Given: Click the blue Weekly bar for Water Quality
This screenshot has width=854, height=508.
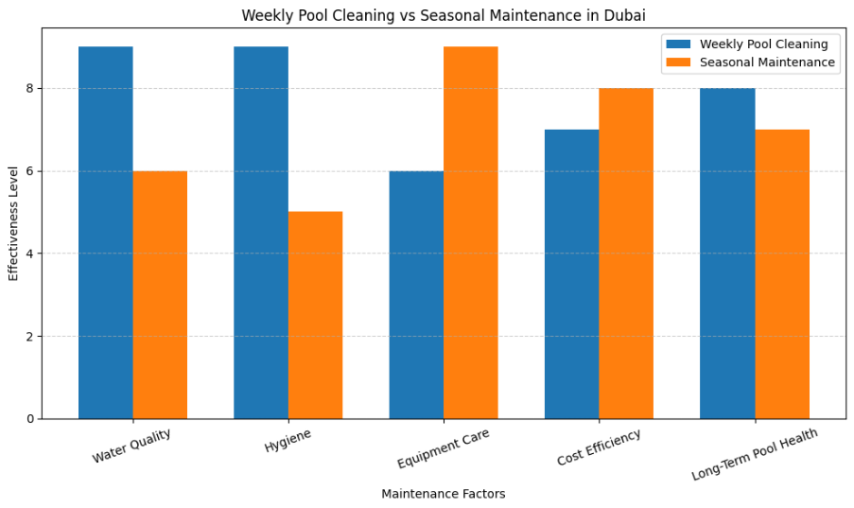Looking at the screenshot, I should pos(105,233).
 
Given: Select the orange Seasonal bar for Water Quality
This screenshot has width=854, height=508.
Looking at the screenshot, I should pos(160,295).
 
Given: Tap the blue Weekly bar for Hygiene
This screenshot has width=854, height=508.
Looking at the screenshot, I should pos(261,233).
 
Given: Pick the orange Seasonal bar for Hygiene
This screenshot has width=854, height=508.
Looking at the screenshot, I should pos(315,315).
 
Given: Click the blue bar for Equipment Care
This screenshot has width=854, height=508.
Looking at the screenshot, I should pos(416,295).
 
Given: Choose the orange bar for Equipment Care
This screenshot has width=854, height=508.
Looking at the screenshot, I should pos(470,233).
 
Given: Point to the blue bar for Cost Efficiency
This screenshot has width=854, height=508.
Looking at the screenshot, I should pos(571,274).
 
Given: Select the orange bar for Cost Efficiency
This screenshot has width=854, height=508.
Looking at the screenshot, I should pos(626,254).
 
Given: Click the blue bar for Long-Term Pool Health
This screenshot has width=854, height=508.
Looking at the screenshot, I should pos(727,254).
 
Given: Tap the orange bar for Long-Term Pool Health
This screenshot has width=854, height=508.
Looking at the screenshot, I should pos(781,274).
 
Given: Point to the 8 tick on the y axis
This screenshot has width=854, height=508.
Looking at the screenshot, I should pos(29,89).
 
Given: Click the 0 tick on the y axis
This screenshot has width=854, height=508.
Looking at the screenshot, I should pos(29,419).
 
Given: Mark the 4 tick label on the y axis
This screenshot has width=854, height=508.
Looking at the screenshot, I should pos(29,254).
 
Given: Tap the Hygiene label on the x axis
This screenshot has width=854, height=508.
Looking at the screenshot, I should pos(288,441).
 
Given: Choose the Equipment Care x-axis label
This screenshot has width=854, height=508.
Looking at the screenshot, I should pos(443,448).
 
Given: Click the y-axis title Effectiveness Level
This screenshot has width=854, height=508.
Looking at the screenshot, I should pos(14,223).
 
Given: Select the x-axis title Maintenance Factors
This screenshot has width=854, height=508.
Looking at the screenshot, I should pos(443,494).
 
